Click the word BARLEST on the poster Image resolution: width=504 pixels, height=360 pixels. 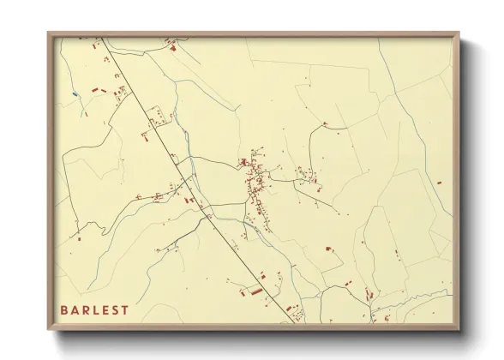[x=94, y=310]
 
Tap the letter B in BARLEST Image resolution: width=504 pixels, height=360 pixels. [x=64, y=310]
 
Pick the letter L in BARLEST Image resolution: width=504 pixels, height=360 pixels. [x=96, y=310]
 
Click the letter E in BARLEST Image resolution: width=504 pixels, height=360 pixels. [x=105, y=310]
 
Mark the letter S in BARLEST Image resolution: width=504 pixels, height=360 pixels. [x=116, y=310]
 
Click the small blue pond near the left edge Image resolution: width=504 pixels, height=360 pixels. [x=75, y=93]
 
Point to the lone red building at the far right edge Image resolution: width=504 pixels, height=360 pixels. [x=439, y=183]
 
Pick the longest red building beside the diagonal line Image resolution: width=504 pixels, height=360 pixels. [x=255, y=291]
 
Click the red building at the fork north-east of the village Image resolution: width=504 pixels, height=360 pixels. [x=325, y=124]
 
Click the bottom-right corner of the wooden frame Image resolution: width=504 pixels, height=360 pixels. [x=459, y=330]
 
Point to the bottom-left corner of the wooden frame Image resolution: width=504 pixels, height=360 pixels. [x=49, y=330]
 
